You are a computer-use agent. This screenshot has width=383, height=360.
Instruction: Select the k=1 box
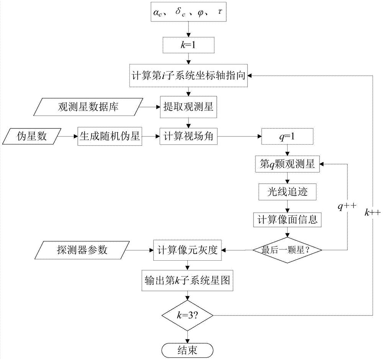188,45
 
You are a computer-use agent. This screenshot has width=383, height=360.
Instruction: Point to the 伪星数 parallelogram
32,136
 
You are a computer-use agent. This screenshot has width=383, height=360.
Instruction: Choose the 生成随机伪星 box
110,136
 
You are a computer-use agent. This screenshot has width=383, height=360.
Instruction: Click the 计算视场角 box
188,136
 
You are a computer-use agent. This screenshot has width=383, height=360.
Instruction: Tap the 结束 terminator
188,349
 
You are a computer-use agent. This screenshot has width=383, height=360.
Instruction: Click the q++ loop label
347,206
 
